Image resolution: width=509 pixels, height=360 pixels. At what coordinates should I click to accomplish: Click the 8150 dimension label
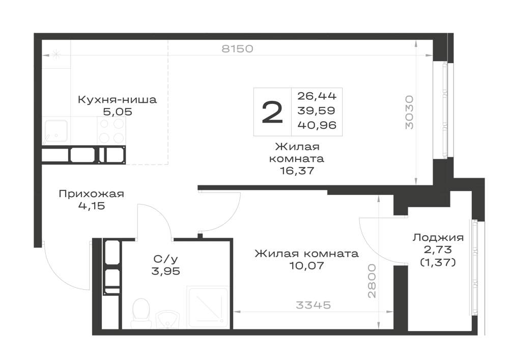click(x=237, y=49)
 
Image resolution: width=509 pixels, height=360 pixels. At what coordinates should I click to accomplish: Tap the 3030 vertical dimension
click(x=410, y=113)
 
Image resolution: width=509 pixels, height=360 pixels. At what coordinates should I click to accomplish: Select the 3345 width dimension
click(x=313, y=305)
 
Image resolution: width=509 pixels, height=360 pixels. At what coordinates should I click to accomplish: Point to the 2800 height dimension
click(x=372, y=281)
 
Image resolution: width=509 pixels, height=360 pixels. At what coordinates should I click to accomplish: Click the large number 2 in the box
click(x=272, y=112)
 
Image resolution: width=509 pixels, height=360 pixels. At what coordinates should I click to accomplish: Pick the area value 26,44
click(x=317, y=96)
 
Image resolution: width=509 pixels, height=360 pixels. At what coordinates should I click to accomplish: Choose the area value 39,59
click(x=317, y=110)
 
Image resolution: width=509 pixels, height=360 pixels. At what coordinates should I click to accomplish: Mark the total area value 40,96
click(x=317, y=125)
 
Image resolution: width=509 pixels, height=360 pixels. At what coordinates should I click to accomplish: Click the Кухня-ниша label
click(x=117, y=99)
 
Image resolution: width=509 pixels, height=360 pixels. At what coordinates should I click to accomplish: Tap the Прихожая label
click(x=92, y=194)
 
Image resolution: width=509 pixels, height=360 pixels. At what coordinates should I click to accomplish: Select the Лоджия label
click(x=438, y=238)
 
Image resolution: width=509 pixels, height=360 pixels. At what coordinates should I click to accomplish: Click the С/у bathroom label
click(x=165, y=259)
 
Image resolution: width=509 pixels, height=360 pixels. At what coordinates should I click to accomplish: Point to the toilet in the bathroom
click(x=142, y=313)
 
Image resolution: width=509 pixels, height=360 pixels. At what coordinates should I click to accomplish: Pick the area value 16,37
click(x=297, y=171)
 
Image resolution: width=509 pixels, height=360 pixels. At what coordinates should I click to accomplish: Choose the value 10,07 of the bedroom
click(x=306, y=266)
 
